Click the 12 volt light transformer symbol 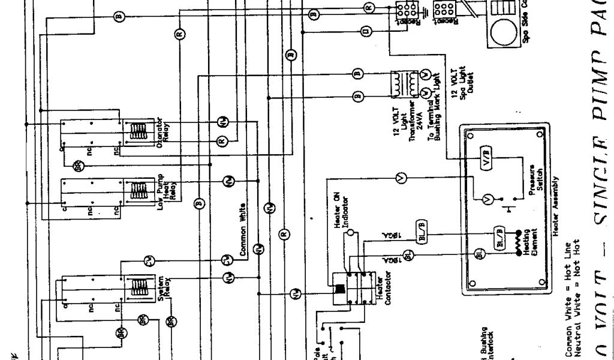pos(404,83)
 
